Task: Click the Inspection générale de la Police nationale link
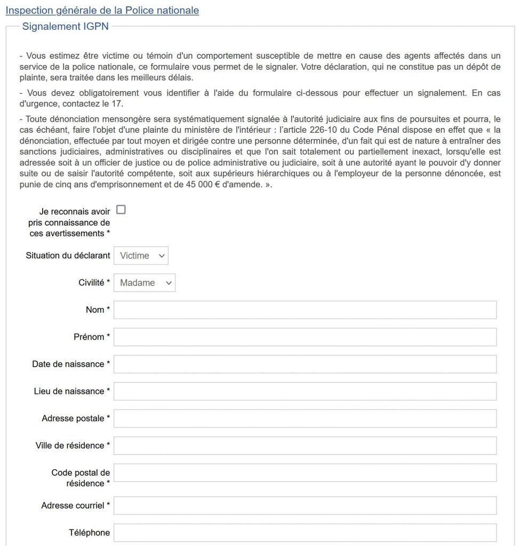(102, 10)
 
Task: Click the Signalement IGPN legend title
(65, 27)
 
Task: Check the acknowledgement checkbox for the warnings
(121, 210)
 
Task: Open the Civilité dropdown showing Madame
(145, 283)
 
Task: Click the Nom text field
(305, 310)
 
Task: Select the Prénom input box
(305, 337)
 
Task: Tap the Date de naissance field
(305, 364)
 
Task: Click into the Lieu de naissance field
(305, 391)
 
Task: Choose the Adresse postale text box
(305, 419)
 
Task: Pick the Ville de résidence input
(305, 446)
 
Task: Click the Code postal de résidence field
(305, 473)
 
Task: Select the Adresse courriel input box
(305, 505)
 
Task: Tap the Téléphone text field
(305, 533)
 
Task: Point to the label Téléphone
(89, 533)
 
